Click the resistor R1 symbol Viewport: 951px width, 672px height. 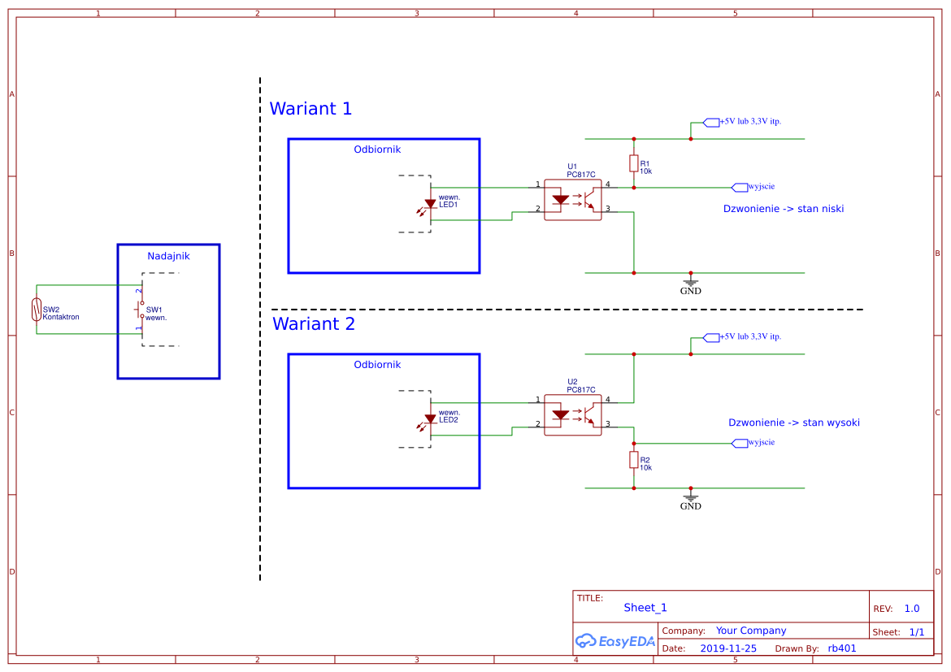pyautogui.click(x=634, y=163)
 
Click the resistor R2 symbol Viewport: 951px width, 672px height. pyautogui.click(x=634, y=460)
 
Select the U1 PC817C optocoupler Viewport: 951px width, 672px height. pyautogui.click(x=572, y=200)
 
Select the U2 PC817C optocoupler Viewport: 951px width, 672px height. pyautogui.click(x=572, y=415)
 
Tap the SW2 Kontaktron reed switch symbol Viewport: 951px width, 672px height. pyautogui.click(x=37, y=310)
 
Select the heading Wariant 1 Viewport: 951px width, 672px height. pyautogui.click(x=310, y=109)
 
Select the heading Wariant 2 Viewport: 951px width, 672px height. pyautogui.click(x=314, y=324)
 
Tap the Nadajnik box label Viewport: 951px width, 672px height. pyautogui.click(x=168, y=256)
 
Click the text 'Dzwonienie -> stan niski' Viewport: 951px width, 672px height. pyautogui.click(x=783, y=209)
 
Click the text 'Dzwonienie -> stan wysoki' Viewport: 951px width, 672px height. pyautogui.click(x=794, y=423)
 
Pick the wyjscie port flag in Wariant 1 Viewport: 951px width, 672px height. pyautogui.click(x=740, y=188)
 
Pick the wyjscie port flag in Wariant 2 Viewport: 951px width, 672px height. pyautogui.click(x=740, y=444)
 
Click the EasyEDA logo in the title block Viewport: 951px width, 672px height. pyautogui.click(x=615, y=640)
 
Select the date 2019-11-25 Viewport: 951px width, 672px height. pyautogui.click(x=728, y=648)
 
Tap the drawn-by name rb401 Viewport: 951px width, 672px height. pyautogui.click(x=842, y=648)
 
